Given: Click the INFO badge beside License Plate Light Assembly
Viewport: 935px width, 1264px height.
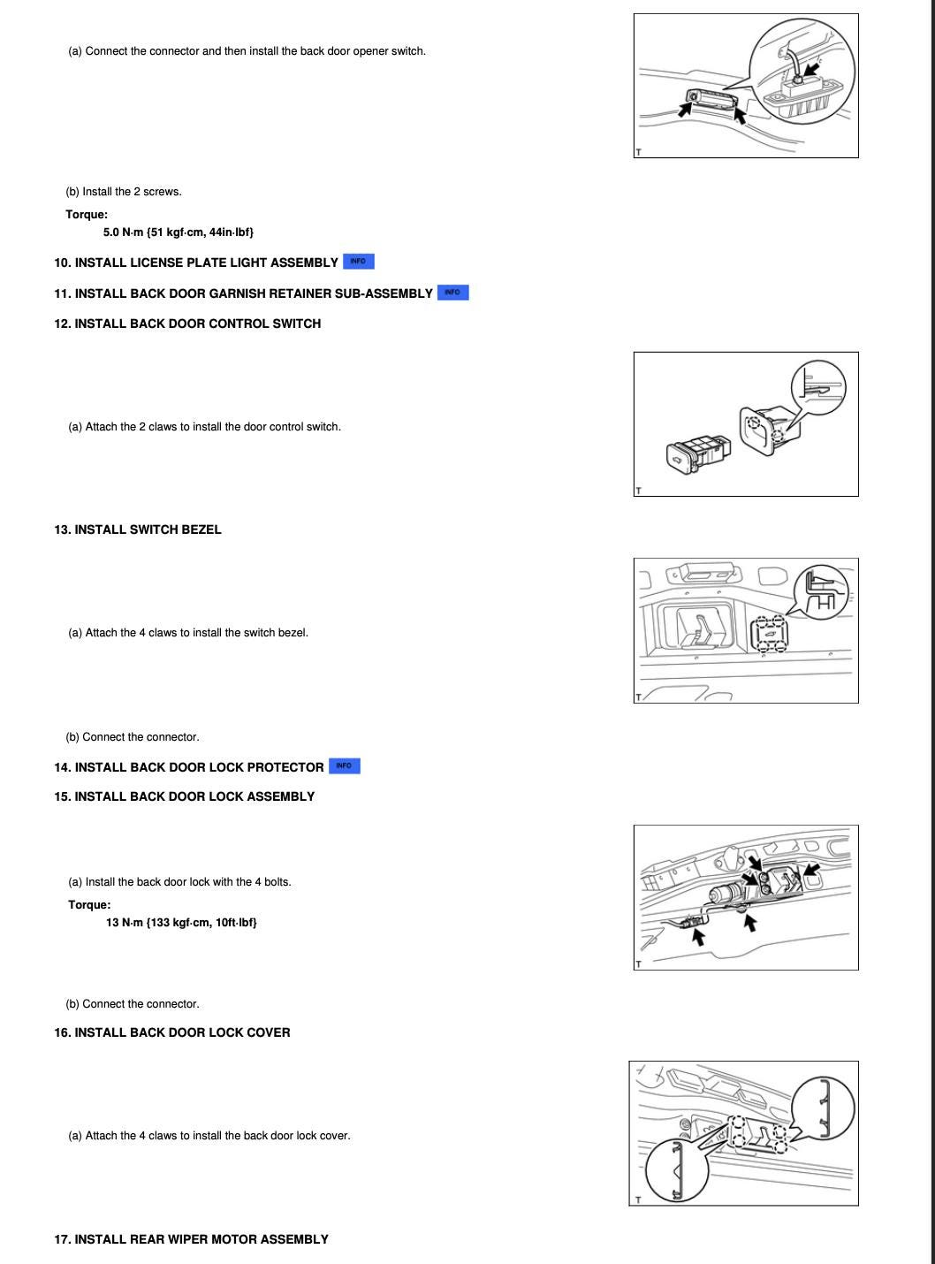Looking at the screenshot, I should tap(358, 262).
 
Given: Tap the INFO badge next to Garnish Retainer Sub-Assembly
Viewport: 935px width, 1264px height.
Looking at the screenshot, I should tap(452, 293).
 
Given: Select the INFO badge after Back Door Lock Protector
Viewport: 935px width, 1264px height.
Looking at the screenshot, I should tap(344, 766).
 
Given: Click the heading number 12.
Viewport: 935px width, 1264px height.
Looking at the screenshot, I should tap(62, 324).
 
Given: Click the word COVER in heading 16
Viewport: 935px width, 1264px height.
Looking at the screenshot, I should tap(269, 1033).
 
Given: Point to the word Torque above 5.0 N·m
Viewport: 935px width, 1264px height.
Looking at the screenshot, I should tap(87, 215).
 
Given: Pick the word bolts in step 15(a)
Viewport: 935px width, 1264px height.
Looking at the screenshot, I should tap(274, 882).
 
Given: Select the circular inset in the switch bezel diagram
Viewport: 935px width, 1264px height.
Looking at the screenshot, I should tap(821, 590).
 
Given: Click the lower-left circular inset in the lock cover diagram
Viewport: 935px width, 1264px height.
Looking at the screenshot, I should tap(676, 1170).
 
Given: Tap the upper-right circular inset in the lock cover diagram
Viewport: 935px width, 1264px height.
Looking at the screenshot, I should tap(823, 1109).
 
